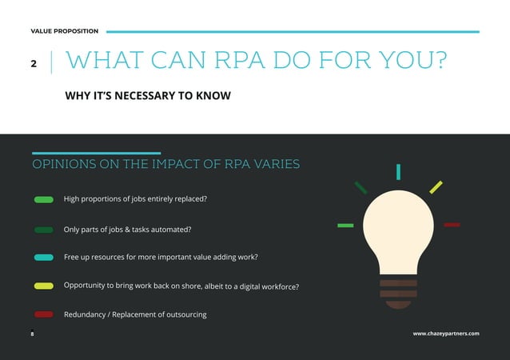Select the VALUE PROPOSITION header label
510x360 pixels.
tap(65, 31)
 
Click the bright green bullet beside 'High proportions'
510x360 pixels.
tap(44, 199)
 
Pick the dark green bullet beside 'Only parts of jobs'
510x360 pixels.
tap(44, 230)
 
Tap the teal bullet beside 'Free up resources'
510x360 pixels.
tap(44, 258)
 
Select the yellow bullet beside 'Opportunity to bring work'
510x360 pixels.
tap(44, 286)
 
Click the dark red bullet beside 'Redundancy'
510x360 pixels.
tap(44, 314)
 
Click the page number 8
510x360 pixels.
tap(32, 333)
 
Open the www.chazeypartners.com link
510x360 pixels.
tap(446, 333)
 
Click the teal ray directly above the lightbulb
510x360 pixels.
tap(398, 171)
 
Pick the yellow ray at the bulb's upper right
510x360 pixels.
tap(436, 187)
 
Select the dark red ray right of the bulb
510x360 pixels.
tap(452, 225)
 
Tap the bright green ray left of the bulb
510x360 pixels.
tap(345, 226)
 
